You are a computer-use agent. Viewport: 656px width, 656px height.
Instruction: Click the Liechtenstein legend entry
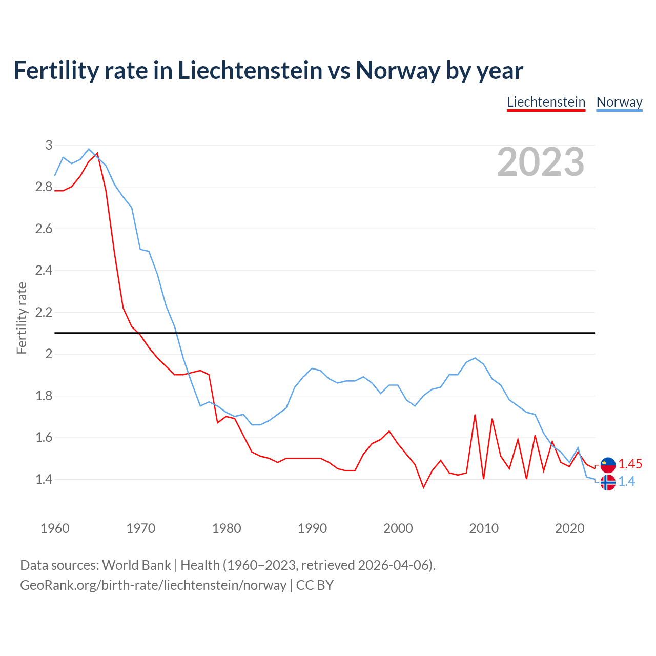[x=546, y=102]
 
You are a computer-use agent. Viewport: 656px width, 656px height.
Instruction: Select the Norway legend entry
[x=619, y=102]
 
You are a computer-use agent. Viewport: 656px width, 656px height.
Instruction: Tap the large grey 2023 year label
[x=541, y=162]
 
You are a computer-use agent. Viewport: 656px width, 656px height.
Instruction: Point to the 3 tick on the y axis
[x=49, y=145]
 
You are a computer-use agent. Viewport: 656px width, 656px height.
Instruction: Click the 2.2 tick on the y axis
[x=44, y=312]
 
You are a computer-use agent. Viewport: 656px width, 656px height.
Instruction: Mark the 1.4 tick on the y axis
[x=44, y=480]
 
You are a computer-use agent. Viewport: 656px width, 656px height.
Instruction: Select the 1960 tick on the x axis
[x=55, y=528]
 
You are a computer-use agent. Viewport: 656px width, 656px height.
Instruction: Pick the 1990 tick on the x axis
[x=312, y=528]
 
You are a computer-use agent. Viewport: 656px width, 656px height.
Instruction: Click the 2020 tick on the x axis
[x=569, y=528]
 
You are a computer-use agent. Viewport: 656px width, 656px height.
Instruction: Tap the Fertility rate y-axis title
[x=22, y=318]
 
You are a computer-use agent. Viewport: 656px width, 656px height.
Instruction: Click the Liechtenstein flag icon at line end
[x=608, y=464]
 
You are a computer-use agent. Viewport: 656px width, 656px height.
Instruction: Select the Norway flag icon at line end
[x=608, y=482]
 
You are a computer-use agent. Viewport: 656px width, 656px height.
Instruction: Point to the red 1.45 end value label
[x=630, y=464]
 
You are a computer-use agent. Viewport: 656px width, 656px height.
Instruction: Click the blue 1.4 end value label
[x=626, y=482]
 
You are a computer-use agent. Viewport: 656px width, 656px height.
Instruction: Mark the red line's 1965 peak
[x=97, y=153]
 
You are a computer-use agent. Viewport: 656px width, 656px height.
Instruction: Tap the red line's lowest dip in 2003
[x=423, y=487]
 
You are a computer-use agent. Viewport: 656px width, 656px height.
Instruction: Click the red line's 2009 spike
[x=475, y=415]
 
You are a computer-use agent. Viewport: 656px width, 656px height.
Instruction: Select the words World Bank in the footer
[x=136, y=565]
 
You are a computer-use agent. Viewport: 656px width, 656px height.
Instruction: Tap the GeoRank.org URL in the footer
[x=153, y=585]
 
